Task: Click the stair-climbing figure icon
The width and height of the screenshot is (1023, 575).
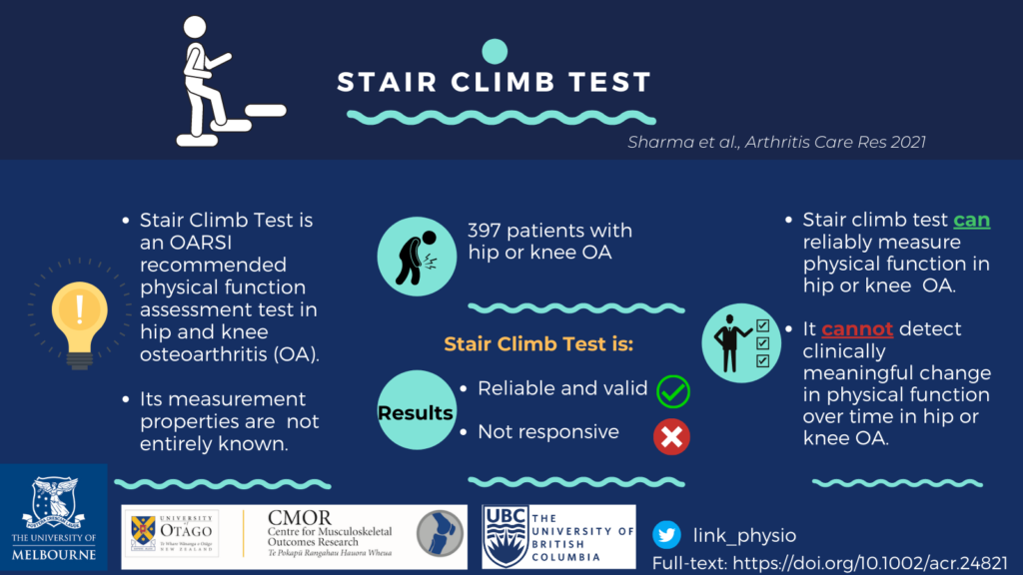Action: pos(230,82)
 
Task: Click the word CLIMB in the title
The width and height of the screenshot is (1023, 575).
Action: pos(503,82)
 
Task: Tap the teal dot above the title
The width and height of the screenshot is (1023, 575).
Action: pos(495,52)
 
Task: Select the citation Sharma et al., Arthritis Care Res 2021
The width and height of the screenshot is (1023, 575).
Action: pos(776,142)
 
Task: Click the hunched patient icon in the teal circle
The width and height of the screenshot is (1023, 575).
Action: pos(417,257)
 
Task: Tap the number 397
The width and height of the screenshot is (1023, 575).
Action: pos(485,231)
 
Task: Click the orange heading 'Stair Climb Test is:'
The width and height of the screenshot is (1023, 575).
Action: pos(538,344)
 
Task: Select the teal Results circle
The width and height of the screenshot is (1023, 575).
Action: pos(417,410)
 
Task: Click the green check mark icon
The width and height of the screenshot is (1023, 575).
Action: pos(672,391)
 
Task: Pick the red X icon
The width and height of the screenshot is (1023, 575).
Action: pos(671,437)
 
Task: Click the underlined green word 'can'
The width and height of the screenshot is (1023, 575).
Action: pos(971,221)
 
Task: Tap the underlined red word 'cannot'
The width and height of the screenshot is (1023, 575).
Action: pos(856,328)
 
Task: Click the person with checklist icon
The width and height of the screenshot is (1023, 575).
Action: pos(741,343)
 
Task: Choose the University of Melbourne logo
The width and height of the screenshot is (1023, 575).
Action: pos(54,518)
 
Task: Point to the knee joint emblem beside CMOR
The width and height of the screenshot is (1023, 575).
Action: pos(440,533)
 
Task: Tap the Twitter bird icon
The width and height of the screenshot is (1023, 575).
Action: pos(666,535)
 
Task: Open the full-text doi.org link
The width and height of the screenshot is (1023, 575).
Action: pos(870,563)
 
